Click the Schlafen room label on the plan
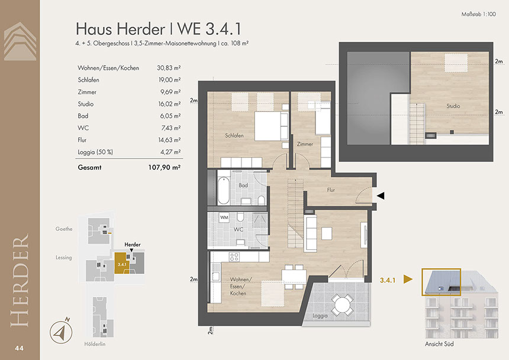[234, 136]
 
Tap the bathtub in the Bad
[223, 190]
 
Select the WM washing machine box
[224, 217]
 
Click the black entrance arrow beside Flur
[381, 195]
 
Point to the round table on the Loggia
[342, 304]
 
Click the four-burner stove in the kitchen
[234, 257]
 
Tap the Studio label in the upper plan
[453, 106]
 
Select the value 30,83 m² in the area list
[169, 68]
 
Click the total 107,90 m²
[165, 168]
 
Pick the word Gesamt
[89, 168]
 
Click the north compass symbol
[61, 331]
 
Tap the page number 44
[19, 348]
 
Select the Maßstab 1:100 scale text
[478, 14]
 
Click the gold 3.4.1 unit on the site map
[122, 263]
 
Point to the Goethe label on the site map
[64, 229]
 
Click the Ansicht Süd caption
[439, 344]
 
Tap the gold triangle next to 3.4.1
[408, 279]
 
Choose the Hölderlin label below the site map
[95, 344]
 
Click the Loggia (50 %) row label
[95, 152]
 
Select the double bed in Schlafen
[272, 126]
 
